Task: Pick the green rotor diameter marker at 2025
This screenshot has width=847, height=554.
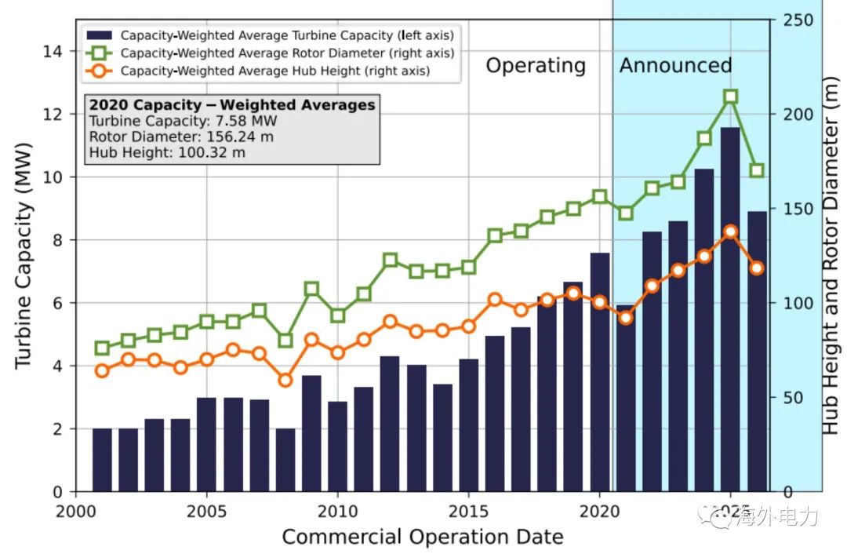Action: click(x=730, y=97)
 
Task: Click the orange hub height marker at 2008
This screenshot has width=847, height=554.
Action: click(x=285, y=381)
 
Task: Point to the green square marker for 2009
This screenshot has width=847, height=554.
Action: click(x=311, y=289)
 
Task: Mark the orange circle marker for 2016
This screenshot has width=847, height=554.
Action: click(x=495, y=300)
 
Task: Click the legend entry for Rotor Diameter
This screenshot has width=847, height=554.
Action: click(x=287, y=53)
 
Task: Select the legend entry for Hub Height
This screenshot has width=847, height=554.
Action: click(x=274, y=71)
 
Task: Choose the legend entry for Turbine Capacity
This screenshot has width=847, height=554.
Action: click(x=287, y=35)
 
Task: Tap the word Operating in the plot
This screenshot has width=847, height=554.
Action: click(x=536, y=66)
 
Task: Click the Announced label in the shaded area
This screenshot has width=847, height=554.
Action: click(x=675, y=65)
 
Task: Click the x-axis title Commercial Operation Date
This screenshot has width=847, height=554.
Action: click(x=423, y=538)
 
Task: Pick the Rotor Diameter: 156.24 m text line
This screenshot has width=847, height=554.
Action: click(x=181, y=137)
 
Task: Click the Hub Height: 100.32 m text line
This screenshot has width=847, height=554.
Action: click(x=167, y=152)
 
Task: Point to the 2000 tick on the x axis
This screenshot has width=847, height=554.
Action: click(x=76, y=510)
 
